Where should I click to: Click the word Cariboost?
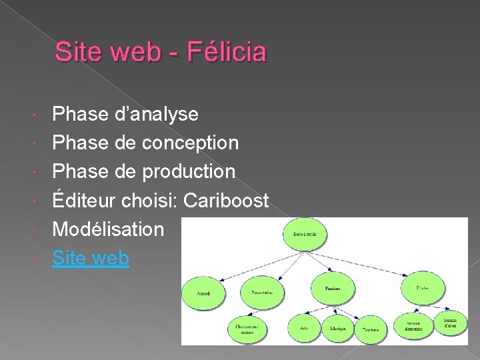coord(226,200)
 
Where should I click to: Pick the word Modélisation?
coord(108,229)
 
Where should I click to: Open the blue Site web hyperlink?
coord(91,257)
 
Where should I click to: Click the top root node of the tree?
coord(304,233)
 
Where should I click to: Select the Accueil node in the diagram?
coord(204,293)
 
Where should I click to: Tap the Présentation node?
coord(262,292)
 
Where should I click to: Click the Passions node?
coord(332,288)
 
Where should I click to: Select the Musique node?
coord(338,328)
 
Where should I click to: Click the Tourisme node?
coord(371,329)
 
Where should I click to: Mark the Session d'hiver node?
coord(451,323)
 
